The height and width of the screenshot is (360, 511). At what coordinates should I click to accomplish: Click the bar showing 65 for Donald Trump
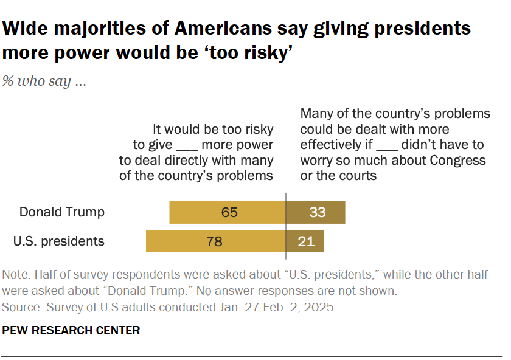(x=228, y=212)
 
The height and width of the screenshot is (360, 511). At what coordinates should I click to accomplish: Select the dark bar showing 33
(x=316, y=212)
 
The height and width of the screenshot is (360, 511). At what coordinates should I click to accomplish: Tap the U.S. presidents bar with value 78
(x=216, y=241)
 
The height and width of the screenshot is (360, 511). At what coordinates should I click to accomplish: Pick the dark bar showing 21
(x=305, y=241)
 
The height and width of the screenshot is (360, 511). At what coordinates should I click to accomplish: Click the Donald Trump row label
(x=62, y=212)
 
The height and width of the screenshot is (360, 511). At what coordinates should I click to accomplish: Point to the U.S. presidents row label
(x=59, y=241)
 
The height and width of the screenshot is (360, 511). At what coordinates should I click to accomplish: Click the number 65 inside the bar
(x=229, y=212)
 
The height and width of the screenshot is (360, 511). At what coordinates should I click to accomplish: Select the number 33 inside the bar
(x=317, y=212)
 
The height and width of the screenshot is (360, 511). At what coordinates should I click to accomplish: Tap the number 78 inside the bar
(x=214, y=241)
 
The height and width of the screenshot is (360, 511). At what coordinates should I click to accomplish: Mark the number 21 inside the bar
(x=306, y=241)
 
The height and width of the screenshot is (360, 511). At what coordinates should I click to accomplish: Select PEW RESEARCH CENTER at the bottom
(x=71, y=331)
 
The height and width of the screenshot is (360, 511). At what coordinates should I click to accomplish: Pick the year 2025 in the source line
(x=321, y=307)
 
